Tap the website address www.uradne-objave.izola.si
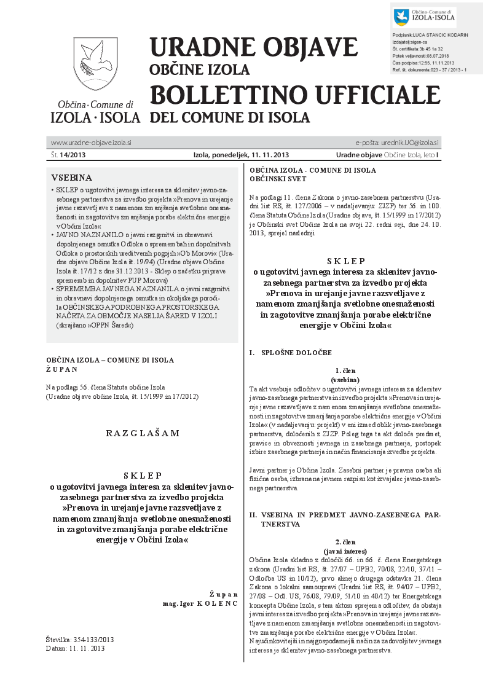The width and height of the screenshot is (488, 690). (91, 143)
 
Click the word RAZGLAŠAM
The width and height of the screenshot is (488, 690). (143, 433)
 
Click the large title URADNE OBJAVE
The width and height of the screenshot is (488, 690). (253, 47)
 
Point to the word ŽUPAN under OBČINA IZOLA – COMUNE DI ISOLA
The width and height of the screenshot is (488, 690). (61, 369)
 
